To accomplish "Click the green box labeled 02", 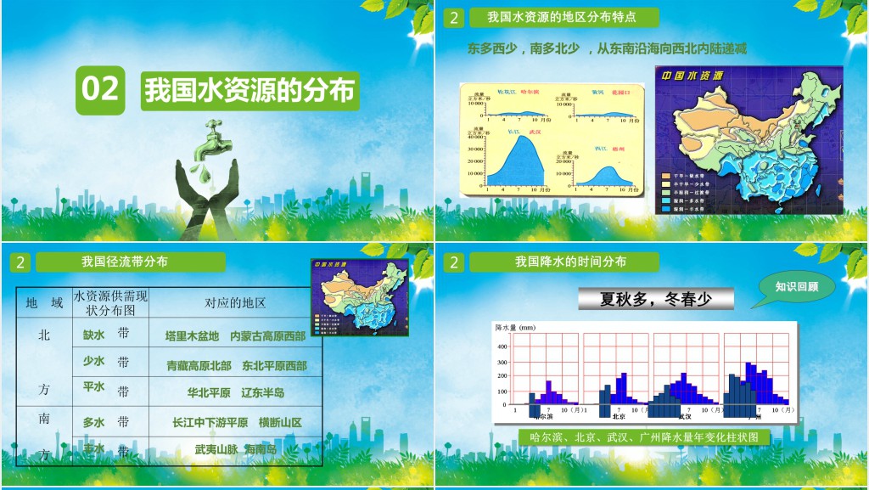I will tap(100, 90).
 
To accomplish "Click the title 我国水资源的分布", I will tap(249, 90).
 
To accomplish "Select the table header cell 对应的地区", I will tap(235, 303).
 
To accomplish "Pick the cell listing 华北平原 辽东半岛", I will tap(236, 393).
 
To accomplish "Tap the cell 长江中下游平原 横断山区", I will tap(236, 422).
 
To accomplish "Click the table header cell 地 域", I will tap(44, 303).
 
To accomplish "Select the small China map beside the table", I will tap(359, 296).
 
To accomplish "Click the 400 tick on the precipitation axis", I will tap(502, 346).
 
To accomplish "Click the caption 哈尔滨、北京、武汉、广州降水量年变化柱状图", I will tap(644, 437).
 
